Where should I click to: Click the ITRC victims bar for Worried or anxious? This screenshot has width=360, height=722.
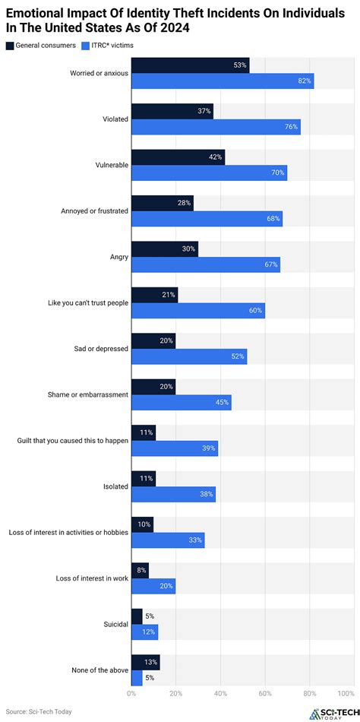tap(223, 81)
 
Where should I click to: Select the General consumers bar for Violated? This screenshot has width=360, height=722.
tap(172, 111)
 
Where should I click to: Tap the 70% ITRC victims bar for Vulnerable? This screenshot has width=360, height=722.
tap(209, 173)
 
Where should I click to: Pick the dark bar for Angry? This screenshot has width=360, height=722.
tap(165, 249)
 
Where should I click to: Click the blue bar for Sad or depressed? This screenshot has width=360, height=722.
tap(189, 356)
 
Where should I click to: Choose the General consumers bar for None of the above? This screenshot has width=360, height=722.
tap(146, 662)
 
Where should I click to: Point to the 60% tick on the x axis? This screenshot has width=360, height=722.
tap(265, 693)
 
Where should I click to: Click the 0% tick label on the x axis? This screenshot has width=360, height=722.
tap(131, 693)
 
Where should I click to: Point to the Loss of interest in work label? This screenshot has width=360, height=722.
tap(92, 578)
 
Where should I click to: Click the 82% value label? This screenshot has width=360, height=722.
tap(305, 81)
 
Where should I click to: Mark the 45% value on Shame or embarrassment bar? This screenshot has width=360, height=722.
tap(222, 403)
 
